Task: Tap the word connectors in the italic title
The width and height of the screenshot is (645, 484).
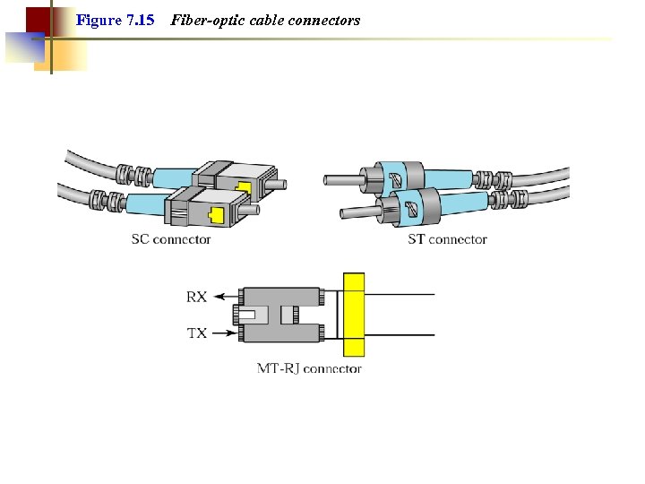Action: tap(325, 20)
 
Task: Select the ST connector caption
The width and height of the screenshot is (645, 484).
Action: tap(447, 239)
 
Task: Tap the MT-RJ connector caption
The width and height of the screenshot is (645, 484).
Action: tap(309, 368)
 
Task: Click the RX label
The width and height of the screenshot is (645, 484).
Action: tap(196, 297)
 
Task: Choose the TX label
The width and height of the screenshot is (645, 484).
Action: tap(196, 333)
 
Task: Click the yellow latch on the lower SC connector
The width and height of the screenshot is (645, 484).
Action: tap(215, 215)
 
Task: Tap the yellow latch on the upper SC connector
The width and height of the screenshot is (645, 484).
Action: tap(243, 188)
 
